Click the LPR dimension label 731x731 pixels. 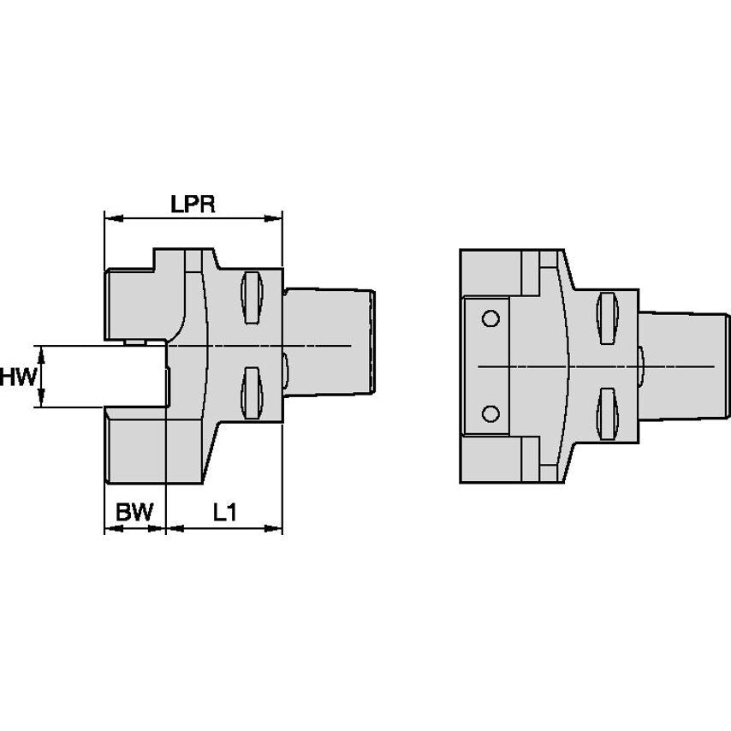(193, 204)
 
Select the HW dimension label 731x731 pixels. (17, 376)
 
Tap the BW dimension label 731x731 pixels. (134, 513)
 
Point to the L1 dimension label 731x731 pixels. (224, 513)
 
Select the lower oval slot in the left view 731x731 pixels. (251, 392)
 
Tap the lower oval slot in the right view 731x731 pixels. (607, 413)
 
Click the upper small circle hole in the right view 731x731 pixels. (490, 319)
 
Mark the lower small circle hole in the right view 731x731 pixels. (490, 413)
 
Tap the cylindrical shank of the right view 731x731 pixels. (680, 366)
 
